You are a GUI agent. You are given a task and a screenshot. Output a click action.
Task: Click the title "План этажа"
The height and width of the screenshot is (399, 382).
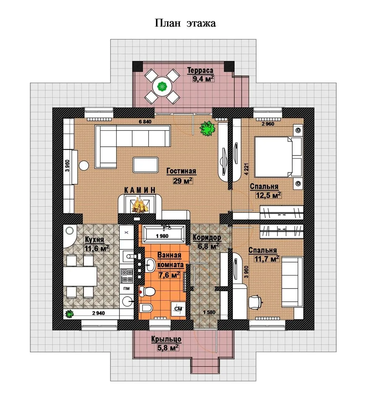(185, 23)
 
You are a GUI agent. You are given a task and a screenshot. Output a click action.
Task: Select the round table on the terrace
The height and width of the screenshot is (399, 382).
(162, 86)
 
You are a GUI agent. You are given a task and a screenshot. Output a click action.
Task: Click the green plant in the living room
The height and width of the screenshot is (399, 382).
(208, 128)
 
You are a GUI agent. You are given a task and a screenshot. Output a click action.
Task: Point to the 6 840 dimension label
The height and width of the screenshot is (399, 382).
(145, 122)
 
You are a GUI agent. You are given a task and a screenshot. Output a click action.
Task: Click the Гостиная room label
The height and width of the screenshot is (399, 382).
(181, 171)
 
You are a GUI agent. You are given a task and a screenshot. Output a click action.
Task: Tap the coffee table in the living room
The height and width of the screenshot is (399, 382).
(146, 165)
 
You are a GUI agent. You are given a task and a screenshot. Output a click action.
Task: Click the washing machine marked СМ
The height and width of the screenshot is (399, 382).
(178, 309)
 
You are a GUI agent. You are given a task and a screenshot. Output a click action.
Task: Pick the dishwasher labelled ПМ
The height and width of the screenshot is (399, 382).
(126, 289)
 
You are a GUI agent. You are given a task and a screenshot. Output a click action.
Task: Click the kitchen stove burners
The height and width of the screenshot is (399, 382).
(126, 276)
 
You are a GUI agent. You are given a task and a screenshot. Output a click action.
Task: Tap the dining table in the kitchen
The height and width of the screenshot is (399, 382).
(80, 276)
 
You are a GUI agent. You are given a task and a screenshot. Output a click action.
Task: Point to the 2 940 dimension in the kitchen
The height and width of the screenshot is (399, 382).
(99, 313)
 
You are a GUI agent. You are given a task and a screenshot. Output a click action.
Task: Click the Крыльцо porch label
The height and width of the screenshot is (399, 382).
(166, 339)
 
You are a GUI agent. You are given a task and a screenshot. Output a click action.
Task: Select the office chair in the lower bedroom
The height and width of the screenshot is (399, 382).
(255, 302)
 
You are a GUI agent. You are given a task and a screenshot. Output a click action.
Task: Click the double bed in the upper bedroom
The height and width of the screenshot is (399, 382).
(278, 157)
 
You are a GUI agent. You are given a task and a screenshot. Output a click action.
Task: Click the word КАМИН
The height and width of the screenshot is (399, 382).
(140, 190)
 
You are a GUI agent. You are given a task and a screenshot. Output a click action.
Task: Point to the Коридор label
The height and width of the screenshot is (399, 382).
(207, 238)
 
